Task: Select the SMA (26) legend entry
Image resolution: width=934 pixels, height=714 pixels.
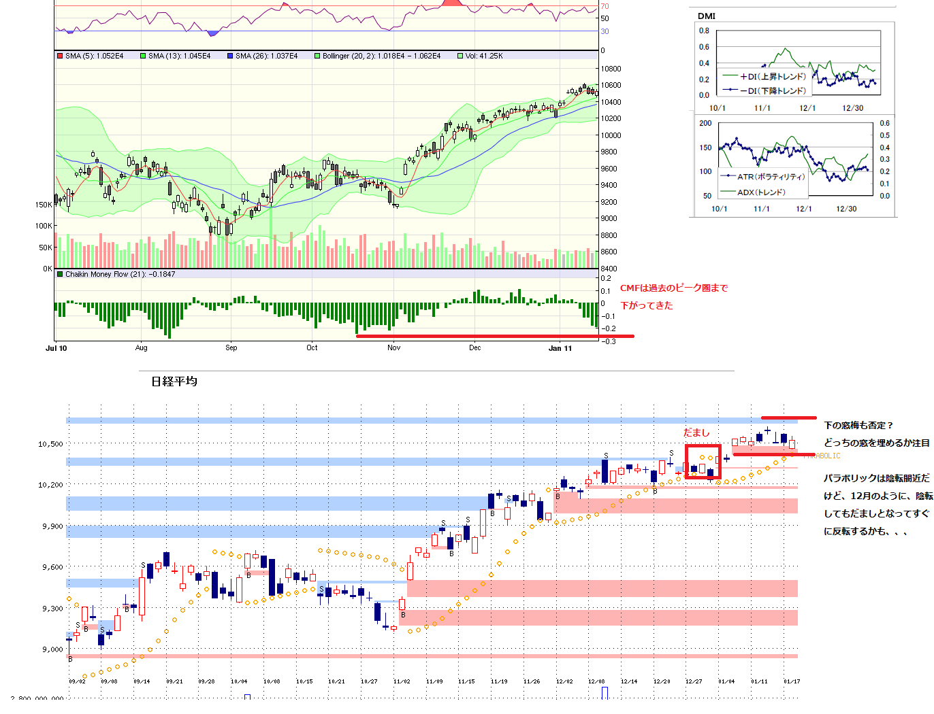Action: [x=265, y=56]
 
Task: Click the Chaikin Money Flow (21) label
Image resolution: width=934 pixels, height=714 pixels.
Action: [x=120, y=274]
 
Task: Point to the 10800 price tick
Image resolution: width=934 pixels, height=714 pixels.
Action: [x=611, y=69]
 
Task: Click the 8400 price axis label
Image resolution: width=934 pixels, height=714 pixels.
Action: [x=609, y=269]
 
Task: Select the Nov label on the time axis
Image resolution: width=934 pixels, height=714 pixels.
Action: [x=393, y=347]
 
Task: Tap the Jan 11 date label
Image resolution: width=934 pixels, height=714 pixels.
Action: [x=560, y=348]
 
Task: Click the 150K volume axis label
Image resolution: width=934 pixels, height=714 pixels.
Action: [x=44, y=204]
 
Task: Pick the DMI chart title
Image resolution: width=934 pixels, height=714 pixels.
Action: [x=707, y=16]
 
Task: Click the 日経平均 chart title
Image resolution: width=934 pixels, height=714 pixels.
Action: [x=174, y=381]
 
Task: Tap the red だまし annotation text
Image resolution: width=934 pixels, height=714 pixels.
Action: [x=696, y=432]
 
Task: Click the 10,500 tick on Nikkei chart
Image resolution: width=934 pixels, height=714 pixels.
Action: [x=50, y=444]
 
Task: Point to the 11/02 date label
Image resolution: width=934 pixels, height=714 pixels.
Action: [x=402, y=681]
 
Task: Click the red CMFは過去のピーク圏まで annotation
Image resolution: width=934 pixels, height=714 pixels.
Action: [x=673, y=288]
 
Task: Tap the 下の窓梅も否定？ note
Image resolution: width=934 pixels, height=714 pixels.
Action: [x=858, y=426]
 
